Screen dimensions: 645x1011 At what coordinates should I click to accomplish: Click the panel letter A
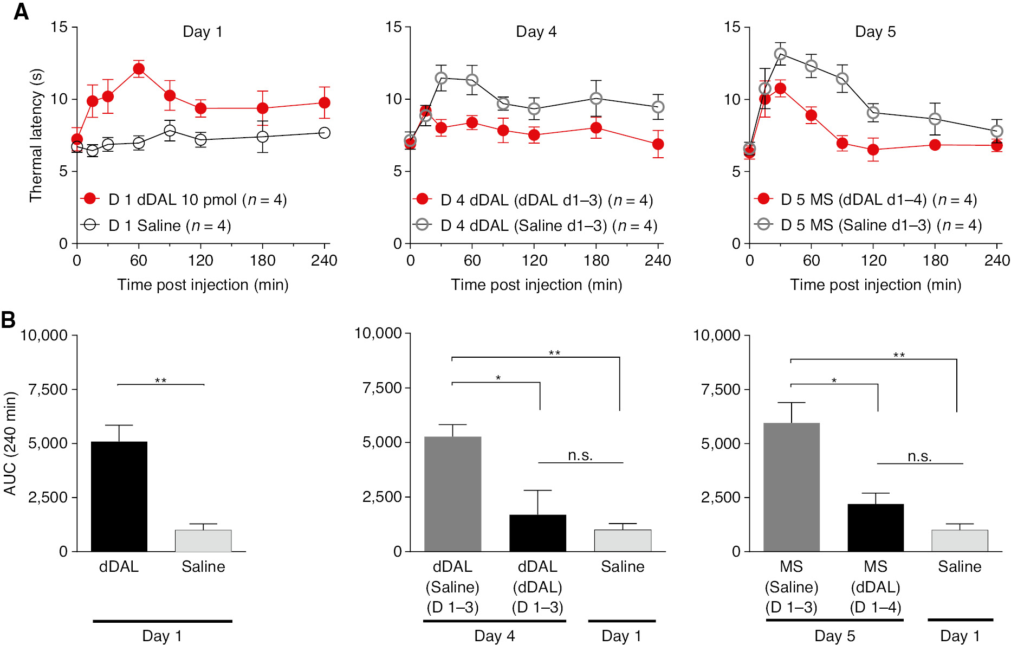21,11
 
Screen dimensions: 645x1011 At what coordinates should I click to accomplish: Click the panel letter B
8,320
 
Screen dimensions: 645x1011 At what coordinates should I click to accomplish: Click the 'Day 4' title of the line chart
536,31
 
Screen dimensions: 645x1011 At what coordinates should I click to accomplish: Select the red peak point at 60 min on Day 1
139,69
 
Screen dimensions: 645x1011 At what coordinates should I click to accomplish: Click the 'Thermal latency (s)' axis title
36,136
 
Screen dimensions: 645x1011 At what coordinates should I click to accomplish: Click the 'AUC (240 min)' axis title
10,443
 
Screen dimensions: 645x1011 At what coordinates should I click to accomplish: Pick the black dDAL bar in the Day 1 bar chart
119,496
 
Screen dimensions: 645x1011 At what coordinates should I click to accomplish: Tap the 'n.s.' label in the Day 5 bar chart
919,456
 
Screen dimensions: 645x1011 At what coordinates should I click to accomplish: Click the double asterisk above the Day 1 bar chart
161,380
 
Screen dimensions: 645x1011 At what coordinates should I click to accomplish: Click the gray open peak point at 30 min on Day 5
780,54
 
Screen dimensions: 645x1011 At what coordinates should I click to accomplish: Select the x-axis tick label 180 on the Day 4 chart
596,261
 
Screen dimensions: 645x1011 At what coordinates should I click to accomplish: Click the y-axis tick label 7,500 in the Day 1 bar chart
48,389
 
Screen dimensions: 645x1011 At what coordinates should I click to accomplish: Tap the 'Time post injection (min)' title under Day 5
875,285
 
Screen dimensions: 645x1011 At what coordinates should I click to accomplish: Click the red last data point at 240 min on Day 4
658,144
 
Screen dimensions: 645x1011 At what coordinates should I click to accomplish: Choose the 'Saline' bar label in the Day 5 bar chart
960,566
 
